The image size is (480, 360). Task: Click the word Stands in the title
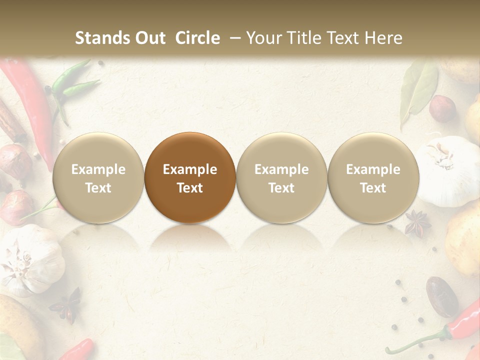[99, 38]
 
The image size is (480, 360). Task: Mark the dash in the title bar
[234, 38]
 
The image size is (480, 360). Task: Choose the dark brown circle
[190, 177]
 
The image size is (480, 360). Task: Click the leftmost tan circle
[98, 177]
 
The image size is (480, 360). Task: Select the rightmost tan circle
[373, 177]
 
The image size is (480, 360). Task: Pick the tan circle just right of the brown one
[281, 177]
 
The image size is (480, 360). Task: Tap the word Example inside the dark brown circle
[190, 169]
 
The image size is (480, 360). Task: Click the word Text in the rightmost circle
[373, 188]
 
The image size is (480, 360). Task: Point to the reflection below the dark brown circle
[190, 237]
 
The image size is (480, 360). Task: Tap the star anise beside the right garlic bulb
[417, 222]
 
